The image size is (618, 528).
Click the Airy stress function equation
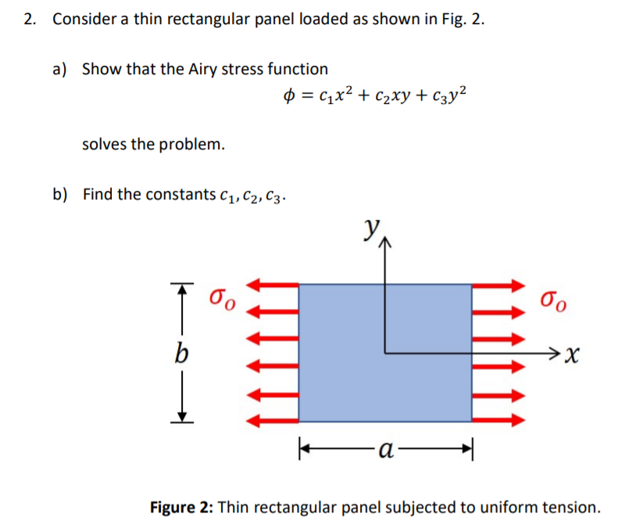tap(376, 98)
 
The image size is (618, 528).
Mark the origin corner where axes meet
tap(384, 353)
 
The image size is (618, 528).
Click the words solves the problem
tap(153, 144)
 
